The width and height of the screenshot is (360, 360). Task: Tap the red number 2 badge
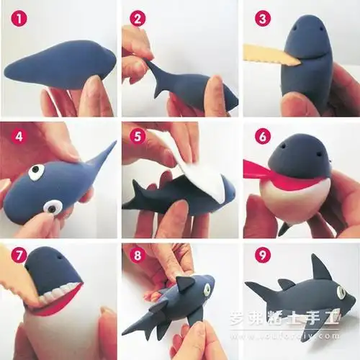point(137,15)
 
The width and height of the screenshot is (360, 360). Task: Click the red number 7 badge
point(14,256)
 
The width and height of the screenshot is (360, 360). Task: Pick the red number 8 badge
point(137,256)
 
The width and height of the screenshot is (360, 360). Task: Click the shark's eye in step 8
point(207,288)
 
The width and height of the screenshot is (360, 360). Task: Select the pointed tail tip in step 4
point(111,146)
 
